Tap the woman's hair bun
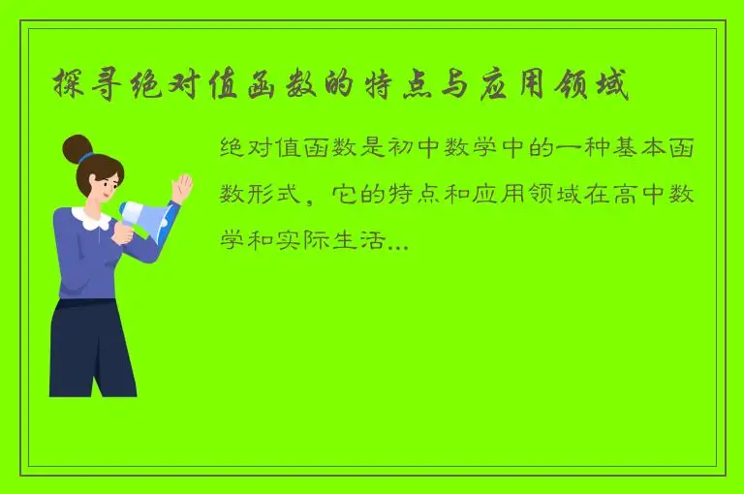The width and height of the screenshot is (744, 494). (x=77, y=148)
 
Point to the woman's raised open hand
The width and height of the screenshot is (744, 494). (x=180, y=186)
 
